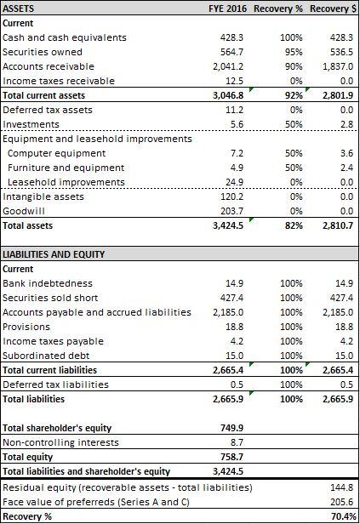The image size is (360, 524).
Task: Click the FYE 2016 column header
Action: coord(227,9)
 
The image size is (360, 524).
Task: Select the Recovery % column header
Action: coord(278,9)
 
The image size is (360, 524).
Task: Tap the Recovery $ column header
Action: coord(334,9)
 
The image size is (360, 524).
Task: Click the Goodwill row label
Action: coord(24,211)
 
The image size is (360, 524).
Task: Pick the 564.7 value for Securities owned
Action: coord(231,52)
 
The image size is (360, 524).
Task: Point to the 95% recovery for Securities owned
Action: coord(294,52)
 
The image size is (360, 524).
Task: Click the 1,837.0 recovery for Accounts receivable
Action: coord(338,66)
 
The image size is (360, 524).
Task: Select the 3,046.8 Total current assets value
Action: coord(228,95)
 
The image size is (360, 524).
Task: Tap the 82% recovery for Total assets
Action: coord(294,225)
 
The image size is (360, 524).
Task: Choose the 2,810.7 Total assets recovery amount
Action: coord(338,225)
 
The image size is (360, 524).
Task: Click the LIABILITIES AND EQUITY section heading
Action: coord(54,254)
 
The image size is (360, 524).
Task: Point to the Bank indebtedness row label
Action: coord(48,283)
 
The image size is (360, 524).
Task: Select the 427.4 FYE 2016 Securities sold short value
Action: coord(231,298)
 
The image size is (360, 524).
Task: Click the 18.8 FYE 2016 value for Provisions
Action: coord(234,327)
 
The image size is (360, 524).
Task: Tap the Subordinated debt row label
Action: coord(46,356)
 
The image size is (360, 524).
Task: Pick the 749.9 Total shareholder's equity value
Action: coord(232,428)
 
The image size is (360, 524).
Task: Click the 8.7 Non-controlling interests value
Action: coord(237,442)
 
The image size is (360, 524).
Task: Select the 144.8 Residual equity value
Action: coord(341,487)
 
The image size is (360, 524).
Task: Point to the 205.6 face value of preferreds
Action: coord(341,502)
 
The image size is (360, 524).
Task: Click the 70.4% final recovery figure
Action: coord(343,516)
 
